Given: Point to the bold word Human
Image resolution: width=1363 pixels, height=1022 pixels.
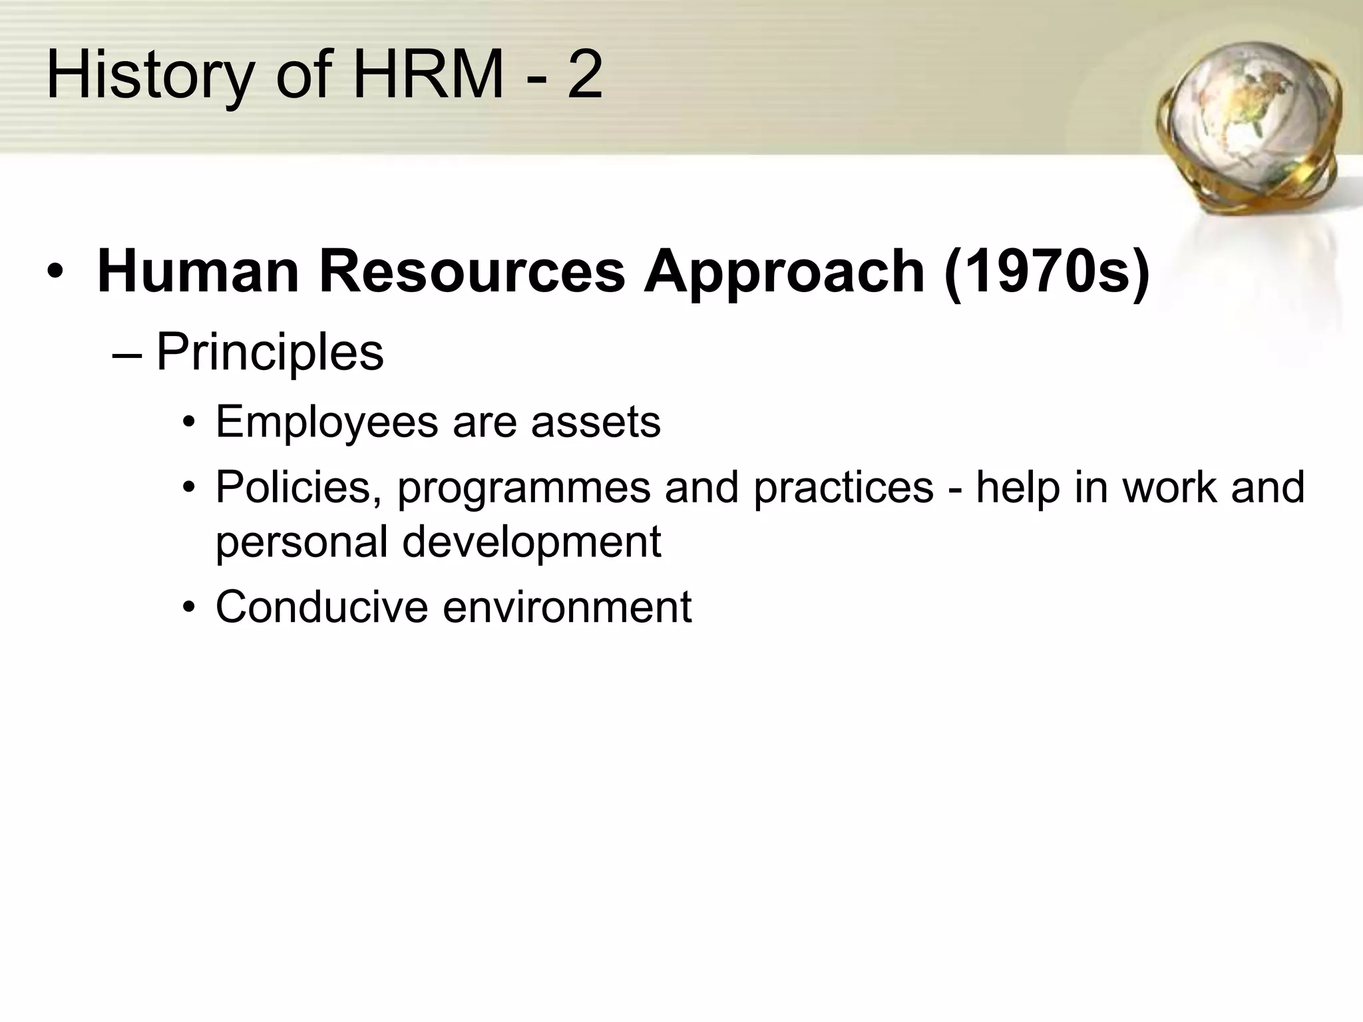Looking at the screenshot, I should click(x=198, y=271).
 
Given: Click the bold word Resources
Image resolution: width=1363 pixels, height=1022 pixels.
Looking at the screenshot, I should click(x=472, y=271).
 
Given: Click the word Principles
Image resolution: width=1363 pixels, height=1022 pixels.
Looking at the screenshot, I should click(x=270, y=353).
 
